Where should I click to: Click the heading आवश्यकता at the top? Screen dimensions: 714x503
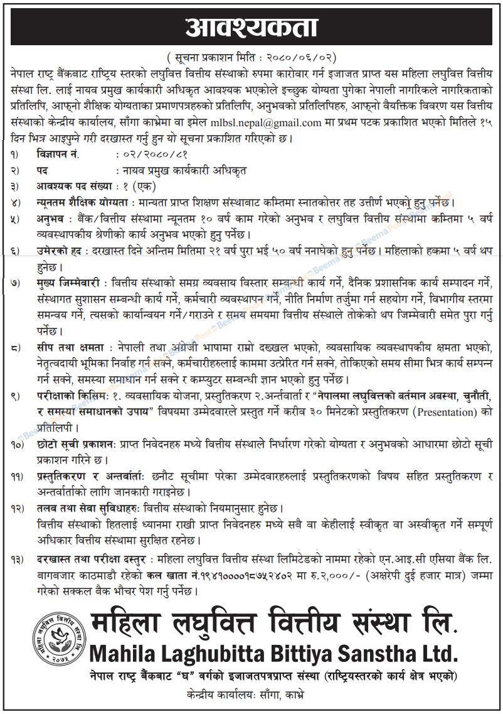(x=251, y=28)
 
